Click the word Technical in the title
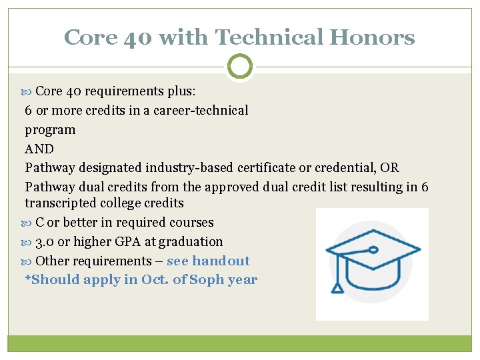(x=263, y=37)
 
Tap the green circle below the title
(x=240, y=67)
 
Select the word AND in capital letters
(x=39, y=149)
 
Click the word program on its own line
(x=50, y=129)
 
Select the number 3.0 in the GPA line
(x=45, y=241)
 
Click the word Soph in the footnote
(x=206, y=279)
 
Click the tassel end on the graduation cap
(x=338, y=287)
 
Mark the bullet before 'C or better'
(x=29, y=223)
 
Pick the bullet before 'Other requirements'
(x=29, y=261)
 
